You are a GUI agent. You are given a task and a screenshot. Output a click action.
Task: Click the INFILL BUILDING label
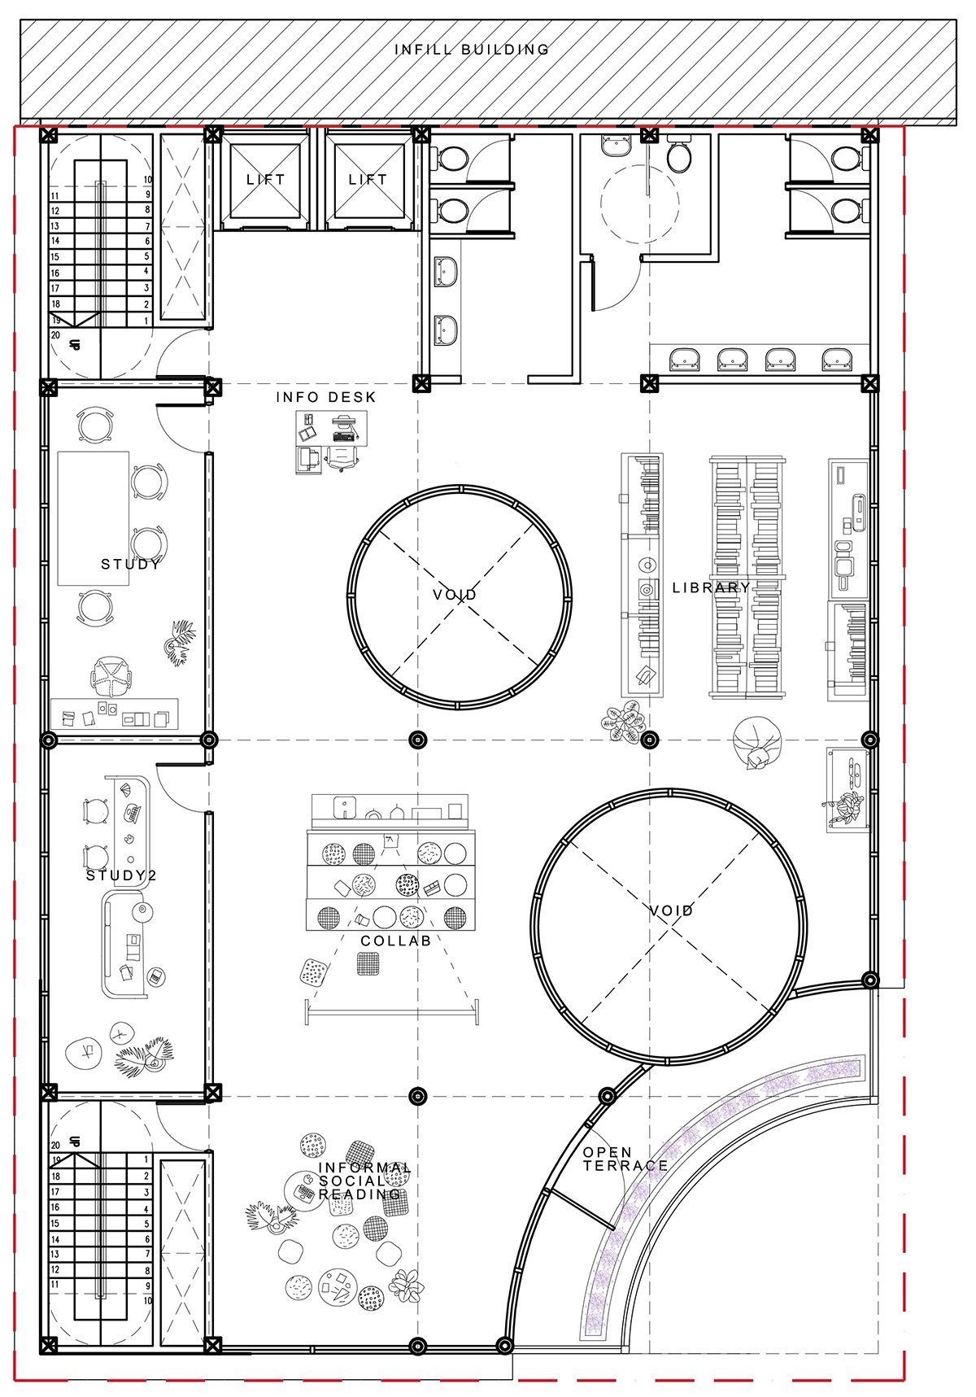472,50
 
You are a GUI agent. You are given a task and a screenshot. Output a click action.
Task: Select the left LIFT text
266,179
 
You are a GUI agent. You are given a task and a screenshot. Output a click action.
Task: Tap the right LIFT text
368,179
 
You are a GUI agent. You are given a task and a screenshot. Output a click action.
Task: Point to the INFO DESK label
326,397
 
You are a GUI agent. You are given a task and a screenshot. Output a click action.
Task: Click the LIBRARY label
712,587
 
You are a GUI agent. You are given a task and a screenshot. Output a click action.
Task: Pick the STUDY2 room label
121,875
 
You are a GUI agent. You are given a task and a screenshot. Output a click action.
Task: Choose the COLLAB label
395,941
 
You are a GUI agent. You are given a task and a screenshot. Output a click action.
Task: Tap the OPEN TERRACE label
625,1159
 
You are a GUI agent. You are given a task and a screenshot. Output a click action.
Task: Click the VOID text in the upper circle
455,595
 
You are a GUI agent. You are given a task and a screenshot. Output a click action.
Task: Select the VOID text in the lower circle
672,910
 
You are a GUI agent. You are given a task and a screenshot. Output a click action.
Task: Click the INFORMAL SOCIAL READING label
364,1181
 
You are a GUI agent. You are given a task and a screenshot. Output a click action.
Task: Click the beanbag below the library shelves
754,743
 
